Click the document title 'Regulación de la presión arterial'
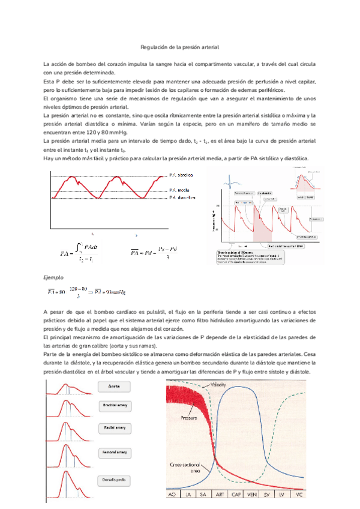pos(180,46)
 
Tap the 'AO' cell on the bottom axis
pos(172,495)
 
